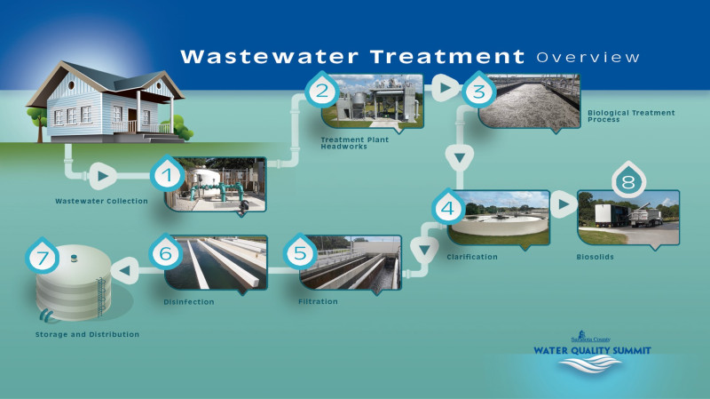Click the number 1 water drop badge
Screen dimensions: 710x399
[167, 173]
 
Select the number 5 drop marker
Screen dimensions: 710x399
[300, 251]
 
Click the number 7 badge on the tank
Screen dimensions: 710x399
[42, 256]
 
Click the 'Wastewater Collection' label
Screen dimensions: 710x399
[101, 201]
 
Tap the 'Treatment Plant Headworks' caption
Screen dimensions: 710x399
[354, 143]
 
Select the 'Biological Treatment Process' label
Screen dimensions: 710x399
[631, 116]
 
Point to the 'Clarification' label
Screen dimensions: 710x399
[472, 257]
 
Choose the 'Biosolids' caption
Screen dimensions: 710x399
[595, 257]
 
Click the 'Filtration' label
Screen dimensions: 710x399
[318, 301]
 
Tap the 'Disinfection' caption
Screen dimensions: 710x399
[189, 302]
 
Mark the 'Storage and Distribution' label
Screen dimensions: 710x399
[87, 335]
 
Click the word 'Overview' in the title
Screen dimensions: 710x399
[588, 58]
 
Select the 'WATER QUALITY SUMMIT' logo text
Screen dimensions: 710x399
[592, 350]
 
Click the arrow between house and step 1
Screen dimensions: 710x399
[102, 176]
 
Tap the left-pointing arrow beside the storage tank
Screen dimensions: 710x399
[125, 271]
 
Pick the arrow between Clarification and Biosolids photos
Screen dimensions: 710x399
[564, 204]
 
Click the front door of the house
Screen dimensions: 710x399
[132, 120]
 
